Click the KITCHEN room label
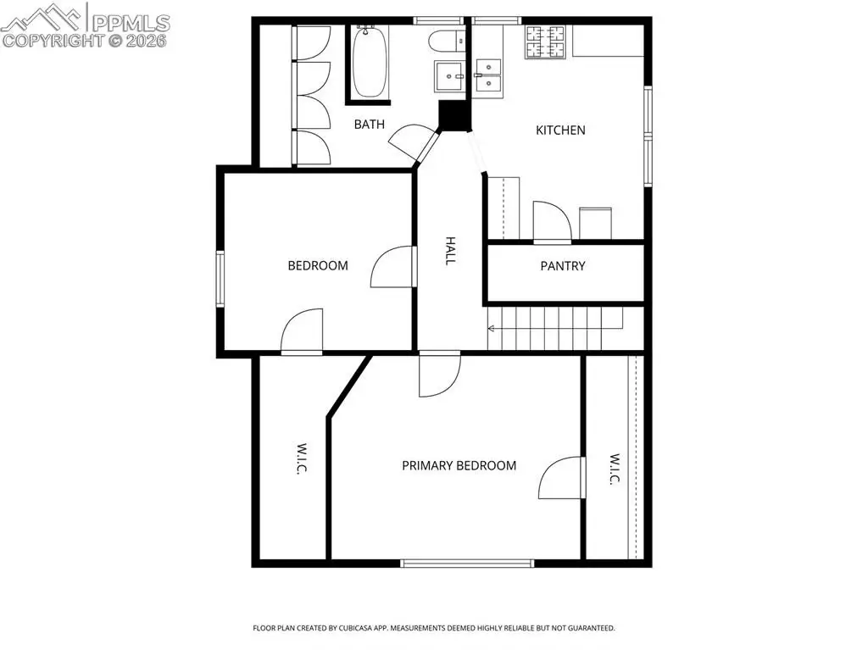pyautogui.click(x=560, y=131)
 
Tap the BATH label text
pyautogui.click(x=370, y=124)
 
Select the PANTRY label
pyautogui.click(x=563, y=266)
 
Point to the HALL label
pyautogui.click(x=451, y=251)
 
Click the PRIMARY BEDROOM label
pyautogui.click(x=459, y=465)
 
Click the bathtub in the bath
pyautogui.click(x=370, y=62)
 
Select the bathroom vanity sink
pyautogui.click(x=450, y=76)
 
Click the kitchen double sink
pyautogui.click(x=488, y=75)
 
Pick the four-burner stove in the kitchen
pyautogui.click(x=545, y=42)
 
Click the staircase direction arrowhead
pyautogui.click(x=491, y=329)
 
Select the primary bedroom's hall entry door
pyautogui.click(x=440, y=375)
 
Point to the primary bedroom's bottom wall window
pyautogui.click(x=467, y=564)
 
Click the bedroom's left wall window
pyautogui.click(x=220, y=279)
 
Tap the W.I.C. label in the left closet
pyautogui.click(x=301, y=458)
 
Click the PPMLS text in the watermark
pyautogui.click(x=131, y=23)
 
